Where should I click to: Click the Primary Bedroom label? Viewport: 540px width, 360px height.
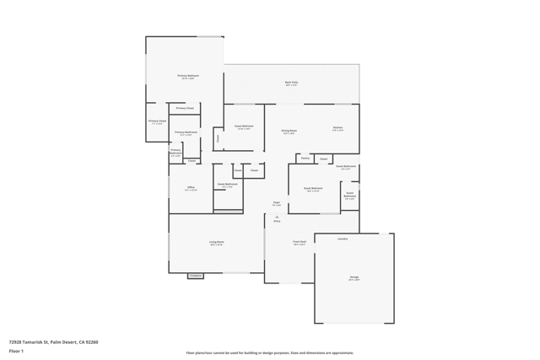coord(188,76)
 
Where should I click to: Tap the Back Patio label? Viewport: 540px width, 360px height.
coord(291,83)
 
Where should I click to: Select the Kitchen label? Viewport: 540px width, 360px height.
coord(337,128)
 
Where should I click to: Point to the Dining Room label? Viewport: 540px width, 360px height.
coord(289,131)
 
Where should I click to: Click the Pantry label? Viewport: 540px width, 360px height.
coord(305,158)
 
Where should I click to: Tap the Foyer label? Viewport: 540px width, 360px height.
coord(276,202)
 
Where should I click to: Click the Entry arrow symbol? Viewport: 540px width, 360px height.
coord(277,216)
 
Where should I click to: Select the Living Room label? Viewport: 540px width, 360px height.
coord(217,242)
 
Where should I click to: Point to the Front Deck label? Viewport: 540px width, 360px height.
coord(300,242)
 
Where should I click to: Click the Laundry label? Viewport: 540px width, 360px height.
coord(343,239)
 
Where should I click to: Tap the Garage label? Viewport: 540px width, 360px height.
coord(354,277)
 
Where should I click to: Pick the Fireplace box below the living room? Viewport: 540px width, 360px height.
coord(195,276)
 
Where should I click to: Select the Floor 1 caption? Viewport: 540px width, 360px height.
coord(16,351)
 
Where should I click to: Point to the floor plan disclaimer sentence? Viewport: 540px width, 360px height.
coord(270,353)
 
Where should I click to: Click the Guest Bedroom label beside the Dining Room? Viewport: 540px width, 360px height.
coord(243,127)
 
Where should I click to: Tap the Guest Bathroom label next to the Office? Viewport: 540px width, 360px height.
coord(228,184)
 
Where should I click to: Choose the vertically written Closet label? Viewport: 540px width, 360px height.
coord(218,138)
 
